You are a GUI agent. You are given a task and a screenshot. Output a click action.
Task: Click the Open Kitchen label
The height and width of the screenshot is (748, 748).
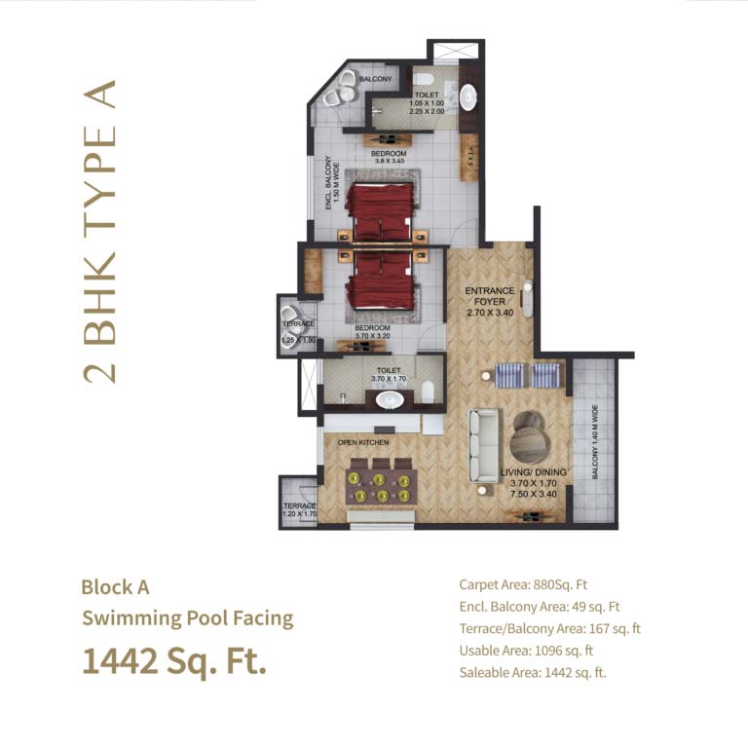362,443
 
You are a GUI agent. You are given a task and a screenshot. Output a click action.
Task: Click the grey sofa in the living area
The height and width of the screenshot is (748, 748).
483,445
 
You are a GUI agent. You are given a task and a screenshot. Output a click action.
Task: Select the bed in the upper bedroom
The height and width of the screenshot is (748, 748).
380,210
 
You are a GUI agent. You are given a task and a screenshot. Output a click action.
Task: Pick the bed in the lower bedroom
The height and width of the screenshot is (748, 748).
380,281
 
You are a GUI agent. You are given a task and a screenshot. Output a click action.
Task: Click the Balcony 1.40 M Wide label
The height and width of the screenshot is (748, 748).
595,444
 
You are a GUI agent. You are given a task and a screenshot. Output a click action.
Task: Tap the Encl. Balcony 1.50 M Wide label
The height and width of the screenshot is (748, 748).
328,185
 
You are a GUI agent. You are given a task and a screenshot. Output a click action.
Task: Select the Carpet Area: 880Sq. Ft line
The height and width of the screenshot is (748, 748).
523,585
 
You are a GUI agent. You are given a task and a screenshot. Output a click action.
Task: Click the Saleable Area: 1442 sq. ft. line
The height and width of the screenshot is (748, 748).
533,672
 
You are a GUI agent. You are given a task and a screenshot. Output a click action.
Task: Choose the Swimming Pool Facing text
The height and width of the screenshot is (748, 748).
187,618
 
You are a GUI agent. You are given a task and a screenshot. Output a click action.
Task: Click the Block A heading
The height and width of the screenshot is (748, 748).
115,587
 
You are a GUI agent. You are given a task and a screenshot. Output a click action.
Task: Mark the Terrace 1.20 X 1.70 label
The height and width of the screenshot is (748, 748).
299,510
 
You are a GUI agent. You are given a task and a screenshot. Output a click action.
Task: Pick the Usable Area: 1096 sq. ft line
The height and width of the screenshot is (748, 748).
526,651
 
